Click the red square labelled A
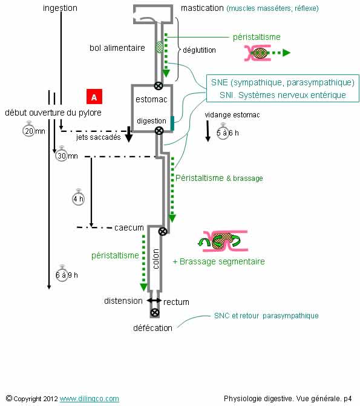(x=94, y=97)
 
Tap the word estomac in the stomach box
(x=151, y=99)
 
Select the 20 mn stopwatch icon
(x=29, y=130)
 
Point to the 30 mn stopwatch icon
(x=62, y=155)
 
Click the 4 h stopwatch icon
(x=78, y=198)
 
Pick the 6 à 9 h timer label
(x=67, y=275)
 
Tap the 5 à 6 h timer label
(x=227, y=133)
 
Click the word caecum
(x=129, y=228)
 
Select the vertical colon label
(x=155, y=259)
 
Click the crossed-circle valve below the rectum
(x=155, y=313)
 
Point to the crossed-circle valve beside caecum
(x=162, y=231)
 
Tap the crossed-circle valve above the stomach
(x=159, y=86)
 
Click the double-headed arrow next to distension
(x=154, y=301)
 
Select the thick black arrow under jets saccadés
(x=129, y=134)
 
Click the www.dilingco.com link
(x=90, y=399)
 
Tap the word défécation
(x=153, y=328)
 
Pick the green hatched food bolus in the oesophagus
(x=160, y=47)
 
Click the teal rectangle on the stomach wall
(x=172, y=123)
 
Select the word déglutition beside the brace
(x=199, y=50)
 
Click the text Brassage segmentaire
(x=222, y=261)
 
